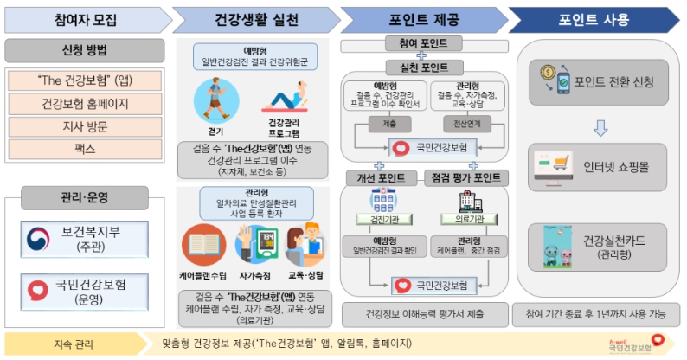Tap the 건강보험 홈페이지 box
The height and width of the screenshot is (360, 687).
(x=84, y=104)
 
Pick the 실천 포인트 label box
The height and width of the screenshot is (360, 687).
(x=424, y=67)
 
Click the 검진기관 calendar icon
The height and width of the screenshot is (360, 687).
(x=382, y=200)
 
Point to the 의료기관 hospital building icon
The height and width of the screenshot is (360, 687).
(x=467, y=200)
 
